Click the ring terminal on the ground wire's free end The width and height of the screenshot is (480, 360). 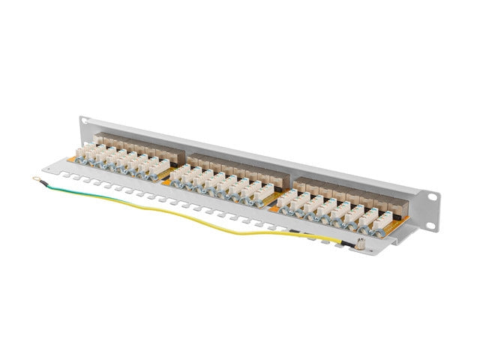pos(35,178)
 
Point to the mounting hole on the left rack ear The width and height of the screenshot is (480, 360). pos(84,120)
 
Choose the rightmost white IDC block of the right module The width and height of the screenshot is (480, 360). pos(383,218)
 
